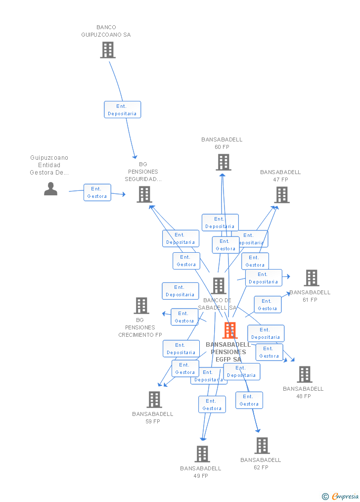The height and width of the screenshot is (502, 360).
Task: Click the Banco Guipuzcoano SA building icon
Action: point(108,49)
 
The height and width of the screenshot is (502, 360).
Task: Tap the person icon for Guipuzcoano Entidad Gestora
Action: point(50,188)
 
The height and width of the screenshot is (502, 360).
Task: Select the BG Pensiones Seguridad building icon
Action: point(144,194)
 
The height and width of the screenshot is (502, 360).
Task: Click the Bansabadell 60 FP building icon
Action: point(223,162)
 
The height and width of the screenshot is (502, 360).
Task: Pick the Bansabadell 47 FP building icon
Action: point(282,195)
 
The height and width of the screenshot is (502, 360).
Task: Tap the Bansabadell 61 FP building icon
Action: point(312,278)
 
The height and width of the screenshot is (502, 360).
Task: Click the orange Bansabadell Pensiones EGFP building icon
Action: point(230,330)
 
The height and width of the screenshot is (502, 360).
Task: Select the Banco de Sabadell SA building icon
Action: point(219,286)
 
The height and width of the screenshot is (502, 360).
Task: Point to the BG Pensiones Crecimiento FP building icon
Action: point(141,306)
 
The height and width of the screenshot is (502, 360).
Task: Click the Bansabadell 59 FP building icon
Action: point(154,400)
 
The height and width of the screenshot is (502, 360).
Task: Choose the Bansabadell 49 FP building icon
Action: point(202,454)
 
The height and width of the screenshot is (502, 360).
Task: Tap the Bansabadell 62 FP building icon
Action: point(262,446)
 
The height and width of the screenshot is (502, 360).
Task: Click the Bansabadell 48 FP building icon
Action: point(305,374)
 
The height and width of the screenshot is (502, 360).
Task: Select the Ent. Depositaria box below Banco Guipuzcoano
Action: point(122,110)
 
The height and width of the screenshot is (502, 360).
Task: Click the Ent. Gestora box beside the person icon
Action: point(97,192)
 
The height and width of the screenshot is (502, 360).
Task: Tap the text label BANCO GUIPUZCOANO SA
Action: point(106,31)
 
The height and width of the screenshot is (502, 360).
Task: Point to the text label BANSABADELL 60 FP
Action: point(222,143)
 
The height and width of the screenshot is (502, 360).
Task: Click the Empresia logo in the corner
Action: point(341,496)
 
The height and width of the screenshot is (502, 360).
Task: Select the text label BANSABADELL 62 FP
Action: point(261,464)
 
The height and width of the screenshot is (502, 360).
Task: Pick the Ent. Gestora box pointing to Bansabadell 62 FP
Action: point(249,400)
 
